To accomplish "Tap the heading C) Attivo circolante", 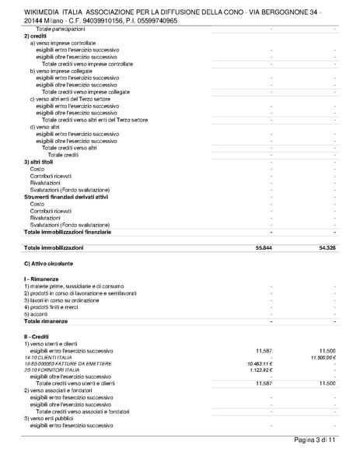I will click(x=49, y=265).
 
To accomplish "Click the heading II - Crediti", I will click(x=37, y=336).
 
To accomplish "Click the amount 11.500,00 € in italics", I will click(x=326, y=356).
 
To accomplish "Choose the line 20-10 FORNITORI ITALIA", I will click(x=53, y=370).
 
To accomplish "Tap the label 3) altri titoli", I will click(x=39, y=162).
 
